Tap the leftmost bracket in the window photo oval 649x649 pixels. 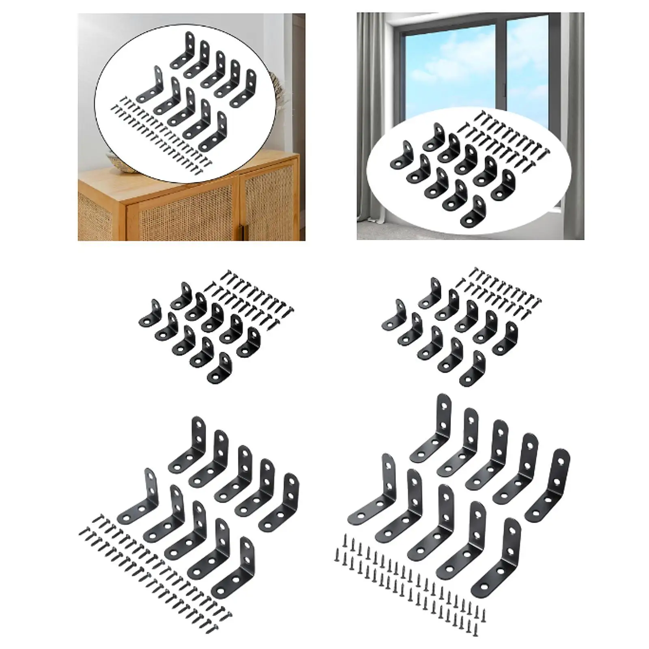tap(401, 156)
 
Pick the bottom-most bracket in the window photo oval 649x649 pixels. tap(474, 211)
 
